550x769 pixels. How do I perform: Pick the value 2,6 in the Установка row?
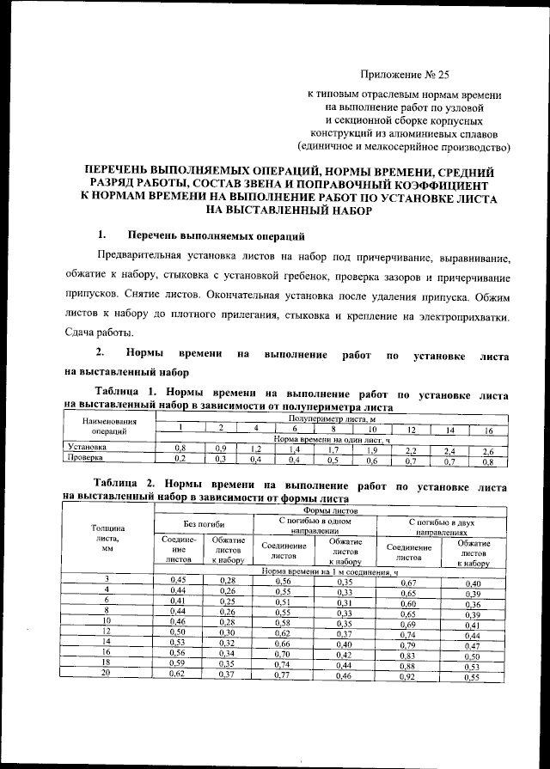point(488,449)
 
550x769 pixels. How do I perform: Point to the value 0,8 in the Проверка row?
point(488,461)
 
